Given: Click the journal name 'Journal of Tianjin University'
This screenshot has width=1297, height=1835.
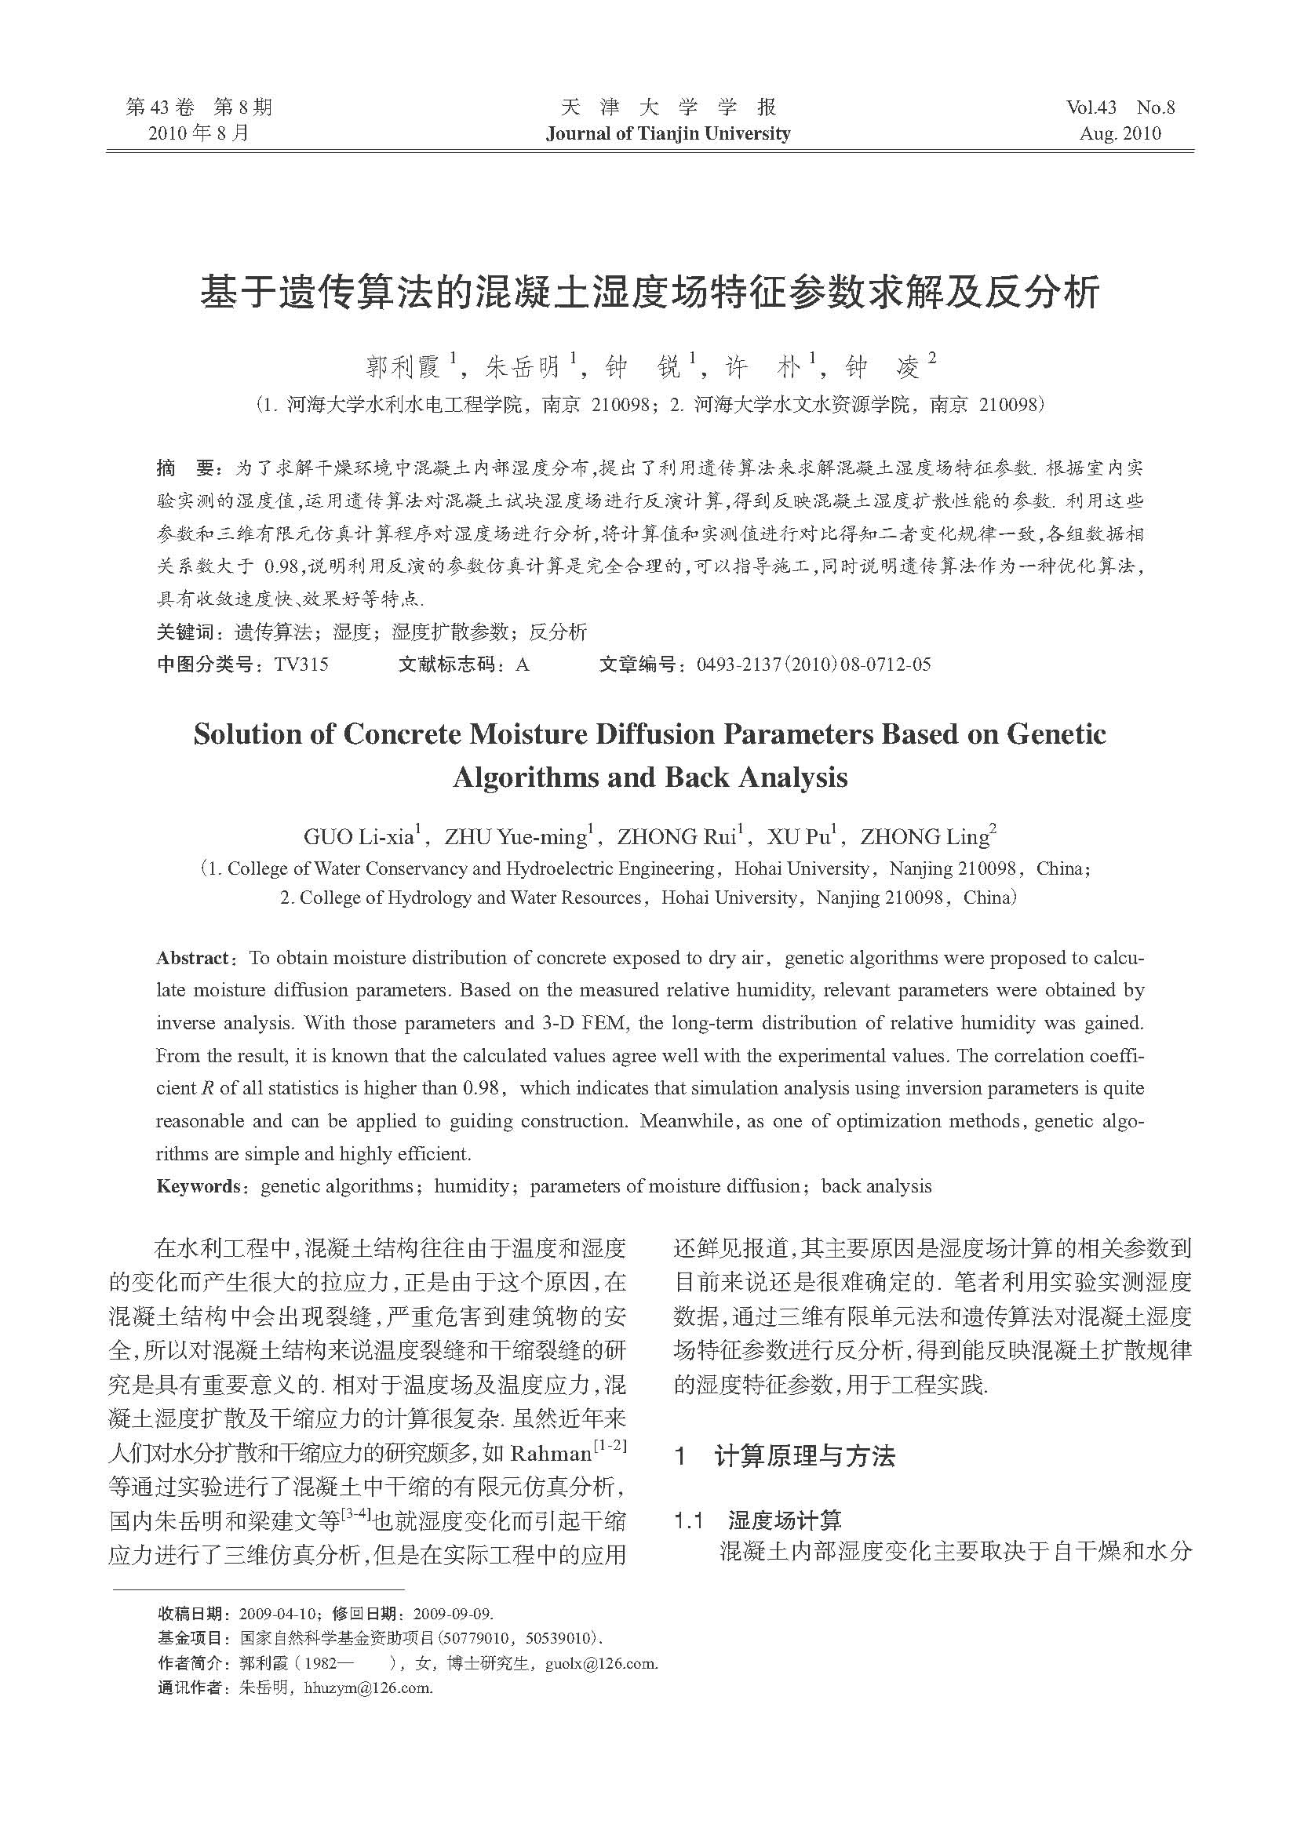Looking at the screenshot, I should [668, 133].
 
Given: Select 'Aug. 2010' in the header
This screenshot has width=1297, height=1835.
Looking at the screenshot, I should [1120, 133].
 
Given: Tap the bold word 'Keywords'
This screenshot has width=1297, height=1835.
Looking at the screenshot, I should [198, 1186].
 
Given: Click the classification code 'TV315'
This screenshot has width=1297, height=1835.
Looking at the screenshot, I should [301, 664].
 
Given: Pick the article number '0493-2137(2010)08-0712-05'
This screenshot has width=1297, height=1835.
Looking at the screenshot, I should [814, 664].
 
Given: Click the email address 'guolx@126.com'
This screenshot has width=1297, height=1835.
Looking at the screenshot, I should [601, 1663].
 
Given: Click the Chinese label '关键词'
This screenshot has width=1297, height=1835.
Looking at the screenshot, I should [184, 632].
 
